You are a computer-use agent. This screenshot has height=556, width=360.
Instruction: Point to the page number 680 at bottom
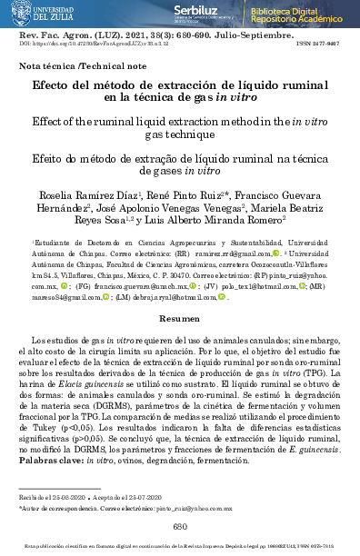179,528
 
